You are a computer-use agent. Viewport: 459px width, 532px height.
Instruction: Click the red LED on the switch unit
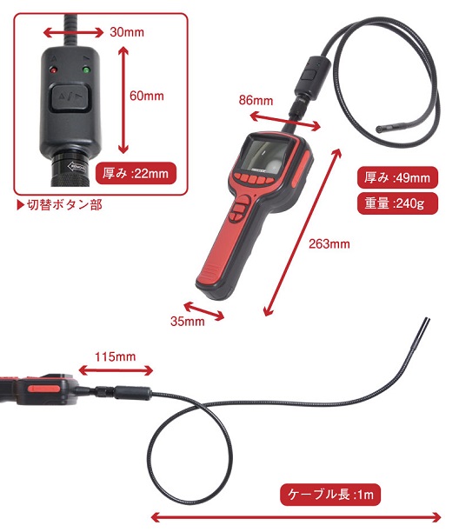pyautogui.click(x=53, y=70)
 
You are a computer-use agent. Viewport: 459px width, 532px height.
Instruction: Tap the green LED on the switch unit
pyautogui.click(x=86, y=70)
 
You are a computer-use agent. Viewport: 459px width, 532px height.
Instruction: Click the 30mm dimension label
pyautogui.click(x=127, y=32)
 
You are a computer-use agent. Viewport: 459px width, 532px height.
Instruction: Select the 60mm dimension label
pyautogui.click(x=147, y=96)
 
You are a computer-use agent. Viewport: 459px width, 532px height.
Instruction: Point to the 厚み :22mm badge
pyautogui.click(x=136, y=173)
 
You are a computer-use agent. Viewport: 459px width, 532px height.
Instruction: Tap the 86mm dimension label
pyautogui.click(x=256, y=100)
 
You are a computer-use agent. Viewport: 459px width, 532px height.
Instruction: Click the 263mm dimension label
pyautogui.click(x=329, y=243)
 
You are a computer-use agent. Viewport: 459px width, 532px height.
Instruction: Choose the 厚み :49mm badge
pyautogui.click(x=397, y=177)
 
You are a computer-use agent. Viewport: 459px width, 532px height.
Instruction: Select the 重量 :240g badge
pyautogui.click(x=397, y=203)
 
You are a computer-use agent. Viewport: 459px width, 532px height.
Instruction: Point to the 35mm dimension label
pyautogui.click(x=188, y=321)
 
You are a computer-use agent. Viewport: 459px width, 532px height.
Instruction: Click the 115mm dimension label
pyautogui.click(x=115, y=356)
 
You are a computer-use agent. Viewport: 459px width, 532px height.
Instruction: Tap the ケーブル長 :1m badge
pyautogui.click(x=330, y=495)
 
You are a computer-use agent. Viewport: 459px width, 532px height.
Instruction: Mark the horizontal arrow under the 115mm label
pyautogui.click(x=116, y=370)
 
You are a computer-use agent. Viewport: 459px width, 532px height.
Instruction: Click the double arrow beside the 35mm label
pyautogui.click(x=204, y=311)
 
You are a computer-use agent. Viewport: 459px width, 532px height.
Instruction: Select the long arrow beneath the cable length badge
pyautogui.click(x=296, y=517)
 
